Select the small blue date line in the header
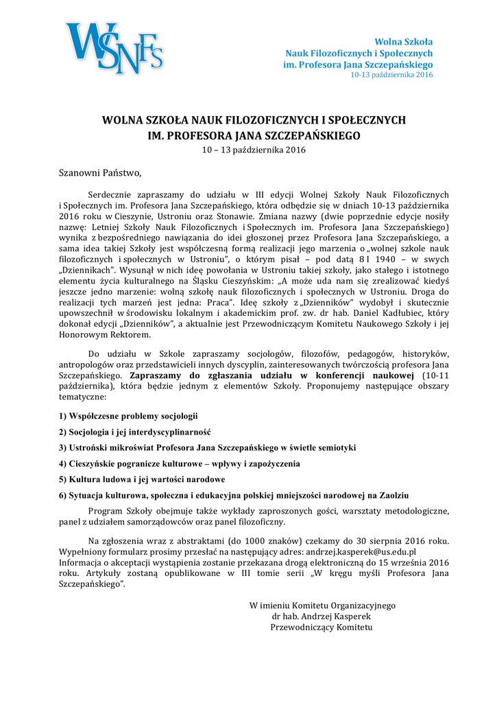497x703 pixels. [x=391, y=75]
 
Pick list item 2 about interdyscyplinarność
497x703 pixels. [x=134, y=432]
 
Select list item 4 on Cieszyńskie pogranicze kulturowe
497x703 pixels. [x=180, y=463]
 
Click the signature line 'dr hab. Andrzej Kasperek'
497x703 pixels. [x=322, y=616]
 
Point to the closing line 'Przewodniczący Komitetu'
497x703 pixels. [x=322, y=627]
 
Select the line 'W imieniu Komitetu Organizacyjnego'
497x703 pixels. [x=322, y=606]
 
